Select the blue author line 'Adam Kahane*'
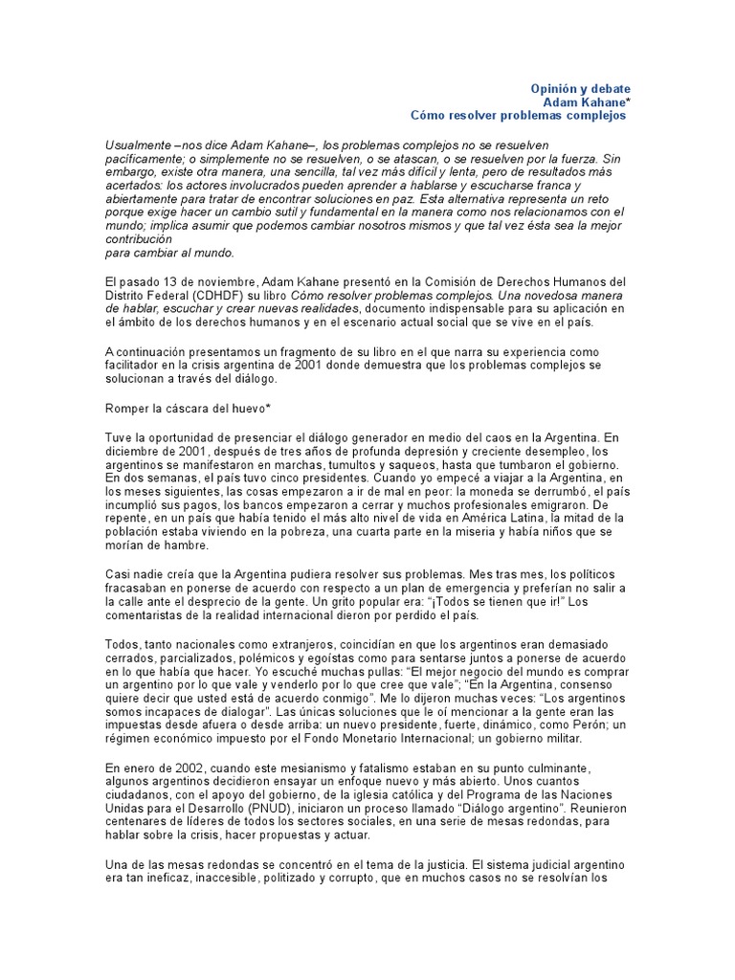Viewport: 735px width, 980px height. point(587,101)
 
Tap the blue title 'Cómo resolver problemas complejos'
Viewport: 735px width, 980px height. point(518,115)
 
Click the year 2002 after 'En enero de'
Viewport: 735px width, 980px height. point(198,769)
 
